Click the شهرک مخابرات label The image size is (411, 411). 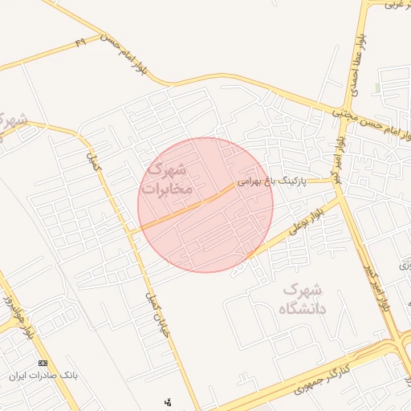tap(166, 179)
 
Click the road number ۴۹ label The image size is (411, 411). tap(79, 41)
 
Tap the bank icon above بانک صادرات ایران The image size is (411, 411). tap(43, 364)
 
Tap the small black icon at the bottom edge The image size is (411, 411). tap(168, 401)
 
